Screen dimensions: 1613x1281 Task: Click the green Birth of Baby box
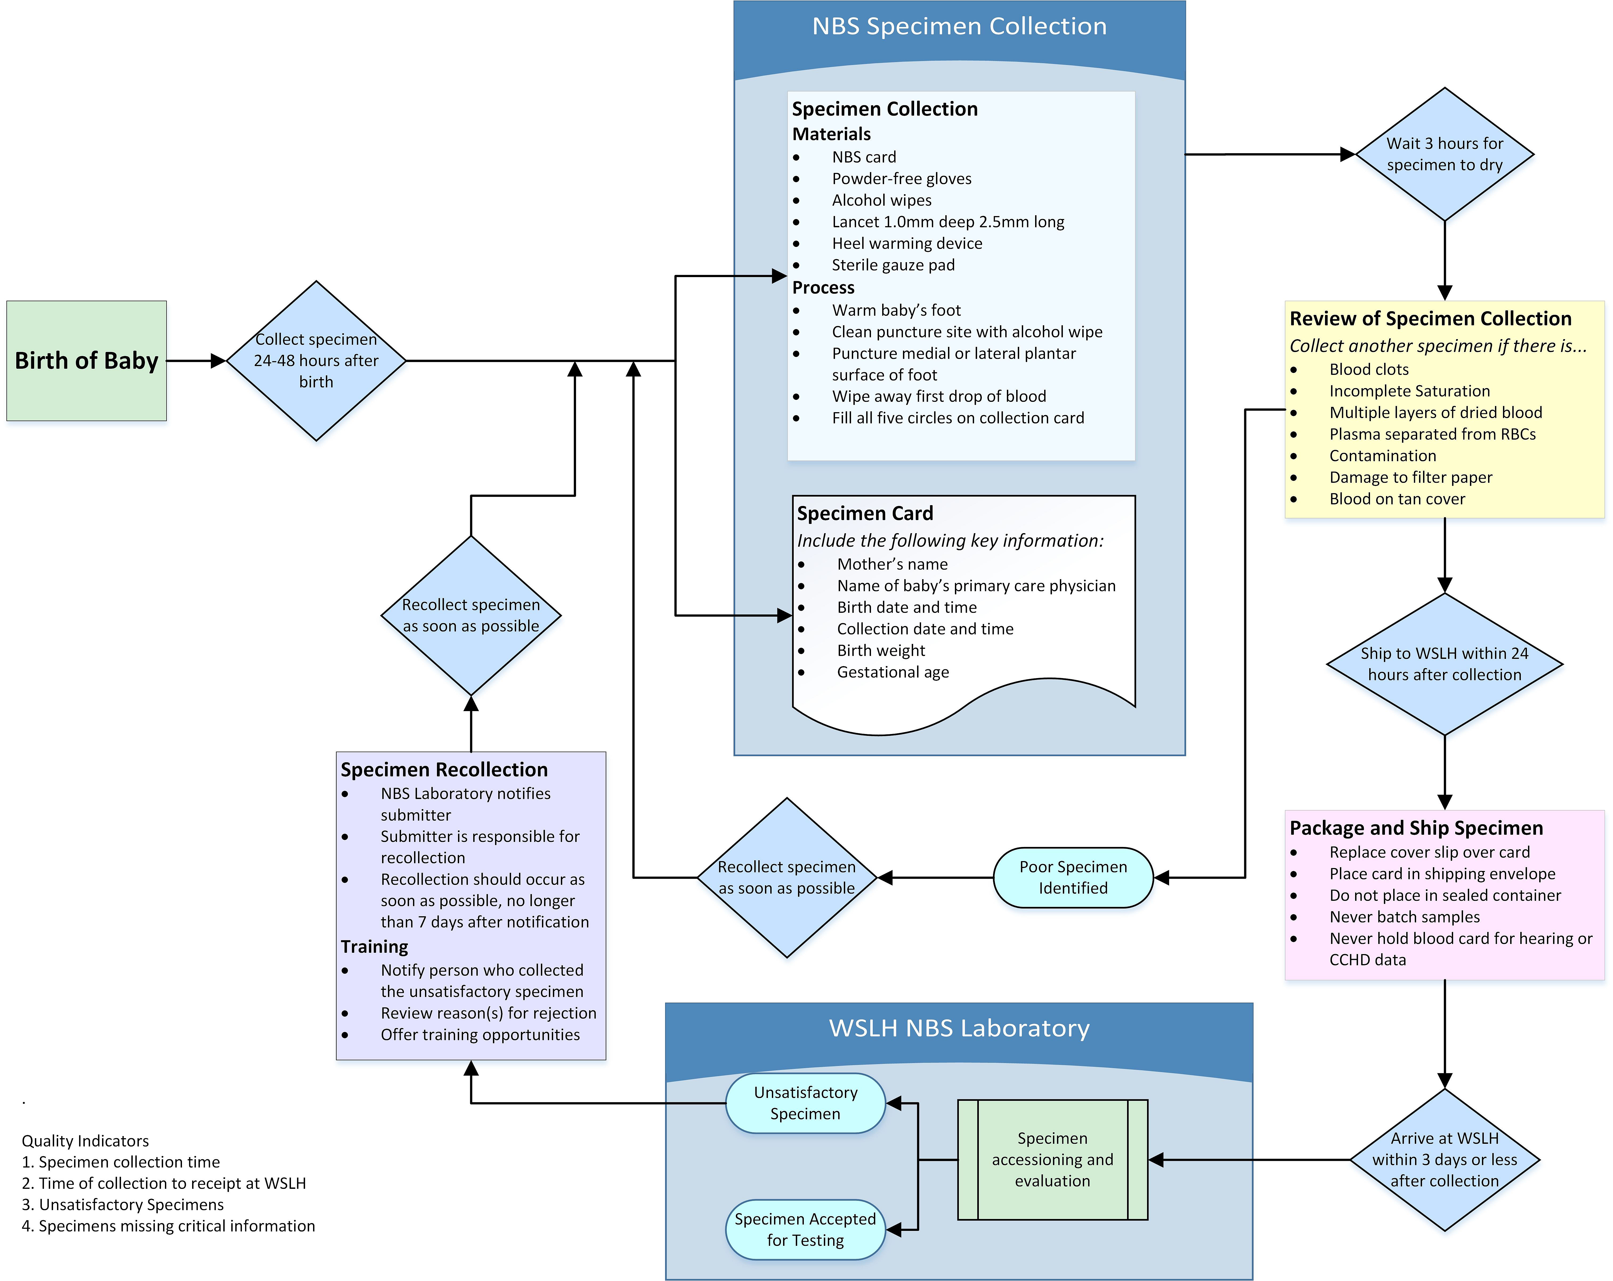coord(86,361)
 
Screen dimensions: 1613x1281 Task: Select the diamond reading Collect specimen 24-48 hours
coord(317,361)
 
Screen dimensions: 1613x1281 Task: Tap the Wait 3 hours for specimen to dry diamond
coord(1445,154)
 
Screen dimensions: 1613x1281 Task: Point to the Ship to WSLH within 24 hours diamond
coord(1445,664)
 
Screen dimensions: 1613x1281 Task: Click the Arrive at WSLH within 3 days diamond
coord(1445,1160)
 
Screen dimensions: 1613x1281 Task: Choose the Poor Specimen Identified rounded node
coord(1073,877)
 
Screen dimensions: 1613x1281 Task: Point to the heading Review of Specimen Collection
coord(1430,319)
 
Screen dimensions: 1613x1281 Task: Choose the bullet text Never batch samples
coord(1404,917)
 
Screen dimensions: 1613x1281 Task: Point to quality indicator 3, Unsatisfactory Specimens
coord(123,1204)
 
